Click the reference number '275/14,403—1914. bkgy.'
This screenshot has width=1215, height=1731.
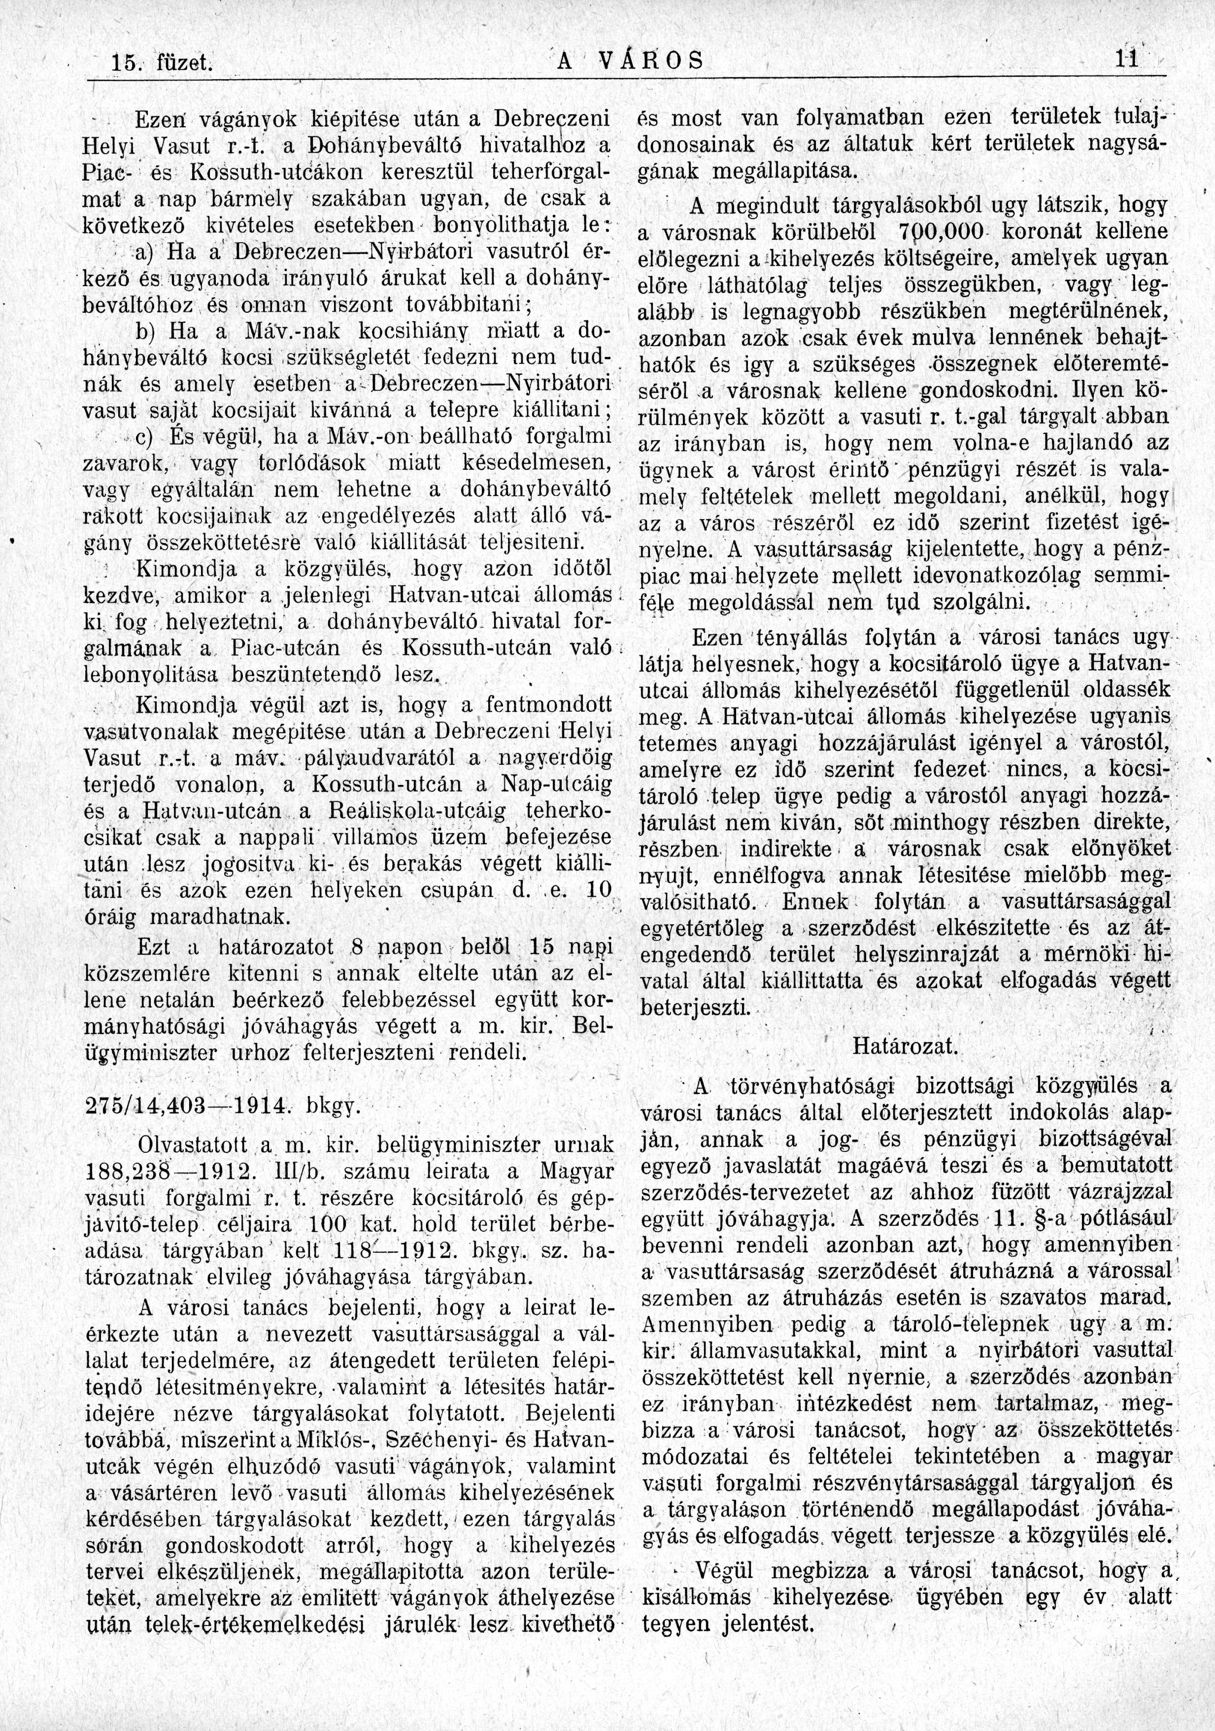[x=222, y=1108]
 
